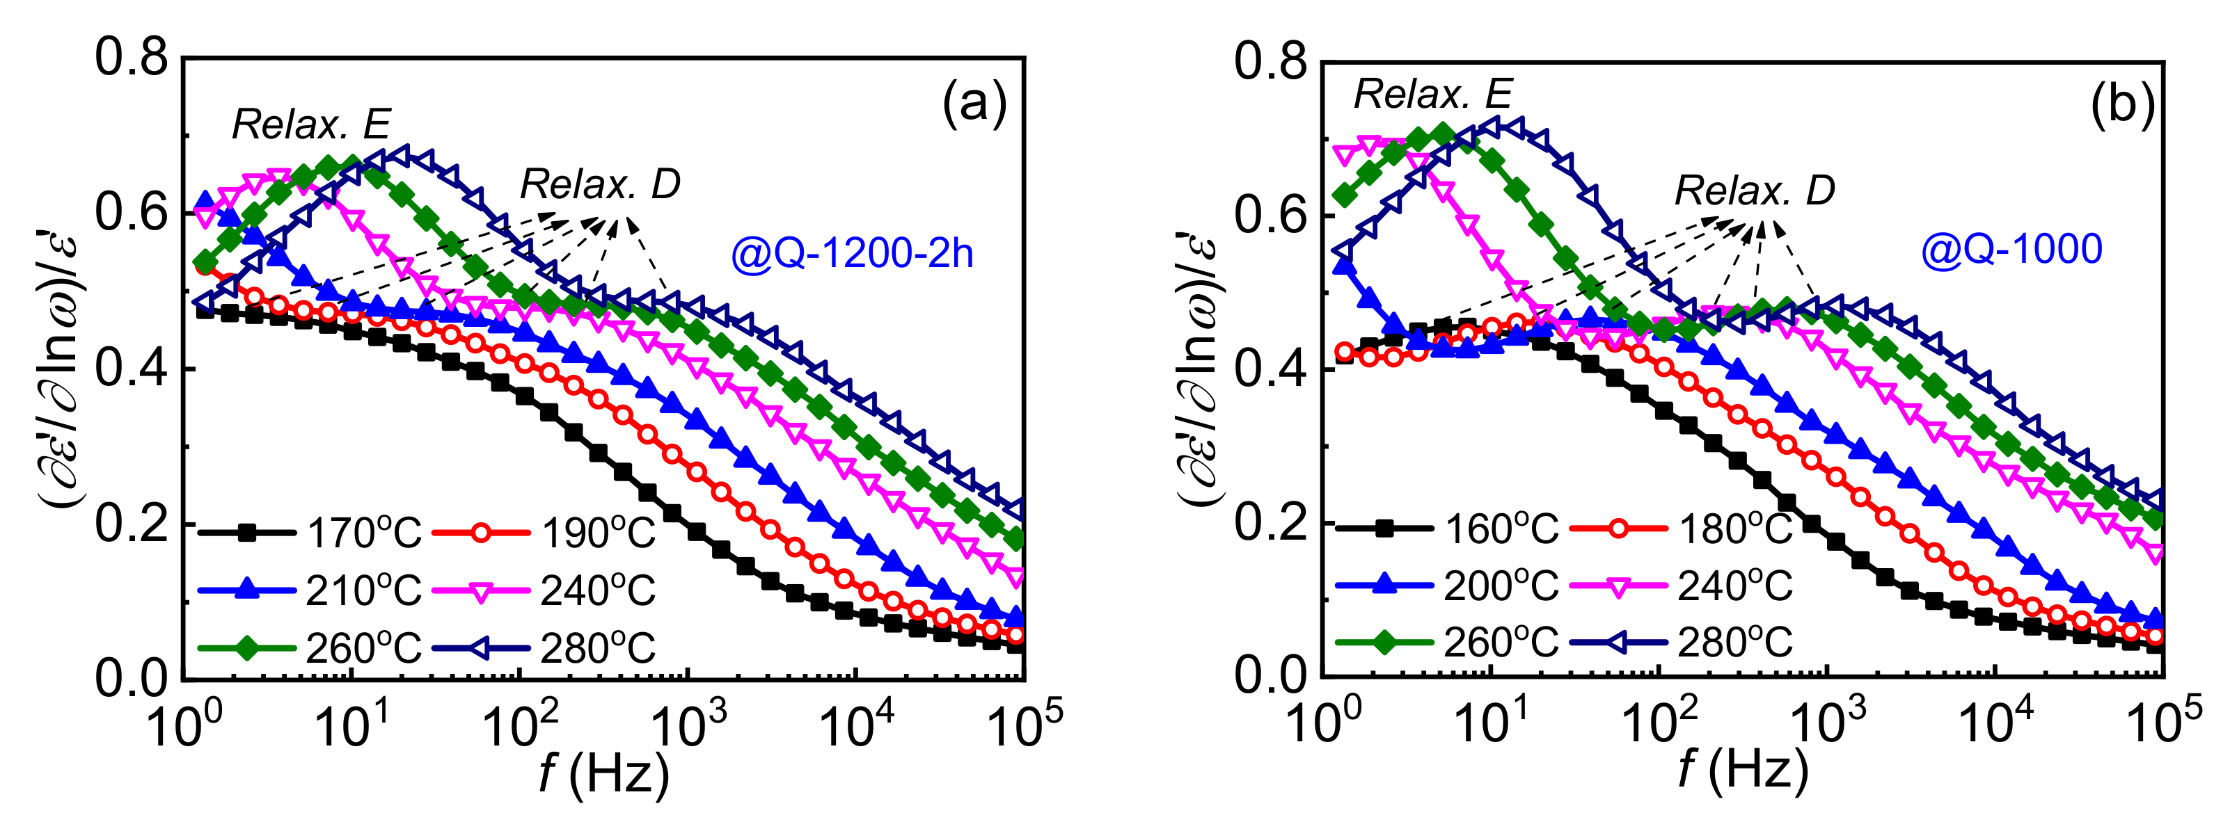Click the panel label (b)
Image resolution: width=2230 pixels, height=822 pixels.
click(x=2121, y=106)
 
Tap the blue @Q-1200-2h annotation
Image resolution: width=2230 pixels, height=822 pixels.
click(x=852, y=254)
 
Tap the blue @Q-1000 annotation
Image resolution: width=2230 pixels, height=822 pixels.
click(x=2011, y=249)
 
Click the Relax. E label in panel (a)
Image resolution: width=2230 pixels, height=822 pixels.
click(x=312, y=125)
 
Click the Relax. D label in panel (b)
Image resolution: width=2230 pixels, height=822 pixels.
click(x=1755, y=191)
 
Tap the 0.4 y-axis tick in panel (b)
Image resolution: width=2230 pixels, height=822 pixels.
click(x=1270, y=369)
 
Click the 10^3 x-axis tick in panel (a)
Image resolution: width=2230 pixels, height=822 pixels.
click(x=689, y=725)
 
